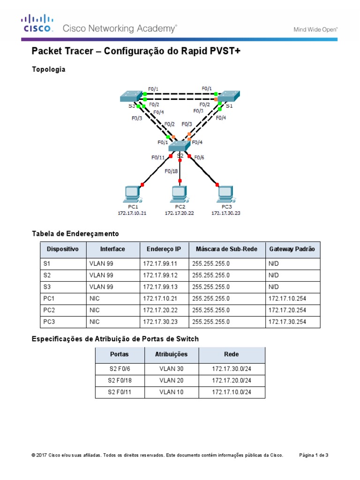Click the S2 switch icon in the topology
click(180, 147)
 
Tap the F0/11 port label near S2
click(158, 157)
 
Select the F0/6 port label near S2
click(199, 157)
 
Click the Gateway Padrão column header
click(292, 249)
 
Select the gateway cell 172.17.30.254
click(287, 322)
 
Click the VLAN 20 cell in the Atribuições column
click(171, 380)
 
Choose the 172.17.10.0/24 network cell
click(232, 392)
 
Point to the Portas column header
click(119, 354)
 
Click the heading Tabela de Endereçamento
click(75, 233)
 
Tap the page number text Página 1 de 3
click(314, 455)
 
